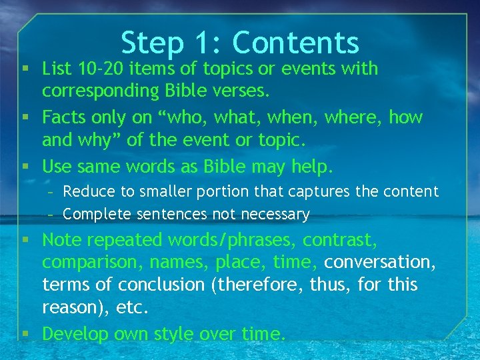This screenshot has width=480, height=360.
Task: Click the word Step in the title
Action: (152, 44)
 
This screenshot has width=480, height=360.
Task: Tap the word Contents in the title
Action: (295, 43)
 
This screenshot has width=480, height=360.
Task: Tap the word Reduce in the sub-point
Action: (89, 192)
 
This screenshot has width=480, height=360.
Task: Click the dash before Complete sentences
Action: (53, 214)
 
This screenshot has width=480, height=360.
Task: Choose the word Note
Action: (62, 239)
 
